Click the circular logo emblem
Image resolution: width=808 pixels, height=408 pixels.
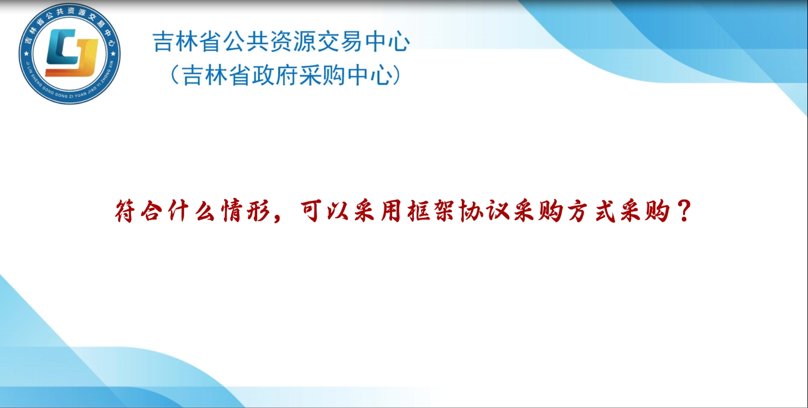coord(70,54)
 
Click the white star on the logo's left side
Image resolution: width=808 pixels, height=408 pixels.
coord(26,54)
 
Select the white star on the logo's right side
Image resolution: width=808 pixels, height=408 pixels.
coord(113,54)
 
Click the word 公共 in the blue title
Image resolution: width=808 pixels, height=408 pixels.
coord(246,41)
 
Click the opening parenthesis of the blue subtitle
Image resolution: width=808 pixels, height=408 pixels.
coord(174,75)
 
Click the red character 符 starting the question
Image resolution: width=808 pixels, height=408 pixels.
coord(125,211)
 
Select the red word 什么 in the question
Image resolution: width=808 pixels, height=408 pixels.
coord(191,211)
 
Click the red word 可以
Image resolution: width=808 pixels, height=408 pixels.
coord(324,211)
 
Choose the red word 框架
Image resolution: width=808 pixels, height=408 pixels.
coord(431,211)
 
